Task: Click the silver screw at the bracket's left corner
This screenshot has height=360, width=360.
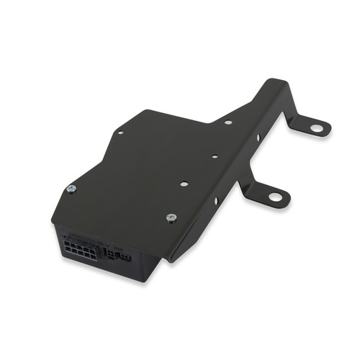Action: tap(71, 189)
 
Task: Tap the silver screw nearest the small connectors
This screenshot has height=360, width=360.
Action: tap(171, 217)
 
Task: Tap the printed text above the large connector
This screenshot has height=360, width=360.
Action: tap(83, 235)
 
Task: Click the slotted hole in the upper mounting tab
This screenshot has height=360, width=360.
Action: tap(316, 128)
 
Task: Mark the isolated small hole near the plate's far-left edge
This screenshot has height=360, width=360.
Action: tap(120, 132)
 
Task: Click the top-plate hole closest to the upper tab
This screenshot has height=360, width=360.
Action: tap(228, 122)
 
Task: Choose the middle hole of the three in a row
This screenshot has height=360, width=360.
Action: tap(215, 156)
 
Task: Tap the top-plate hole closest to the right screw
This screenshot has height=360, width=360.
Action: tap(184, 184)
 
